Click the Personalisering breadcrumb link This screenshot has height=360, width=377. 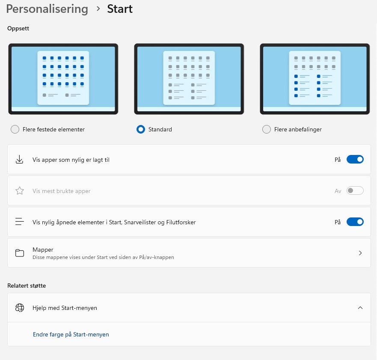point(47,9)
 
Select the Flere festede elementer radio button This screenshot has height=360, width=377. point(15,129)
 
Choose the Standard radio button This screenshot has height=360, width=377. point(141,129)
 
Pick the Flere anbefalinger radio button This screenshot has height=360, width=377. point(267,129)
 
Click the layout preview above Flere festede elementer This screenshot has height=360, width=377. point(63,79)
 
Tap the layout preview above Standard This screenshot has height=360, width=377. point(189,79)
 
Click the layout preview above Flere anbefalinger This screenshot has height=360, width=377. point(315,79)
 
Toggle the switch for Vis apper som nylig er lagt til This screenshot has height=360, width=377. point(355,159)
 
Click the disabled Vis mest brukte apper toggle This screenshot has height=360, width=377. point(355,190)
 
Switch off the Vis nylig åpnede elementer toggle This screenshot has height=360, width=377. point(355,222)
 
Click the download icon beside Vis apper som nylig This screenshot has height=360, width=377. point(20,159)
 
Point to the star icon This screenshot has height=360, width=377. point(20,190)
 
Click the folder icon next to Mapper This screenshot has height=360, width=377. point(20,253)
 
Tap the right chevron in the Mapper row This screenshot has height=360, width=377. point(360,253)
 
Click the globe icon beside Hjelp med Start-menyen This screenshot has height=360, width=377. point(20,308)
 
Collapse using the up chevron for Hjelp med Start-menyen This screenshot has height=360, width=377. point(360,308)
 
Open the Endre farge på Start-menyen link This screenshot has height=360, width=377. point(71,334)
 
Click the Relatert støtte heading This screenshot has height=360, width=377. point(27,286)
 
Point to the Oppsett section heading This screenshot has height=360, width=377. point(18,29)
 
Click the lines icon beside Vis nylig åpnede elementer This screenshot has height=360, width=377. point(20,221)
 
